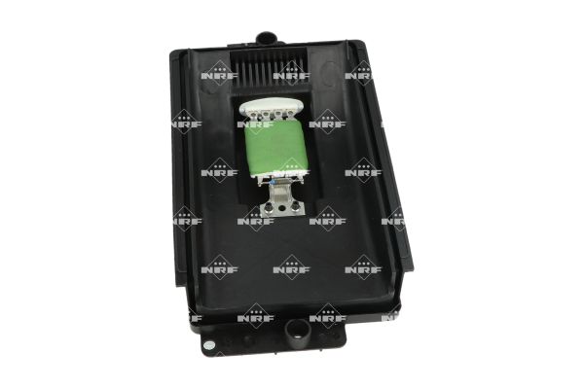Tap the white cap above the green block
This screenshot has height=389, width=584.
pyautogui.click(x=273, y=108)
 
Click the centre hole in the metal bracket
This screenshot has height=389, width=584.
pyautogui.click(x=281, y=207)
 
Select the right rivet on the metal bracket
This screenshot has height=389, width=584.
pyautogui.click(x=295, y=204)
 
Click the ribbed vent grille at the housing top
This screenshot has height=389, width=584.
pyautogui.click(x=270, y=68)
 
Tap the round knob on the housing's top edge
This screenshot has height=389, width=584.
pyautogui.click(x=267, y=38)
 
